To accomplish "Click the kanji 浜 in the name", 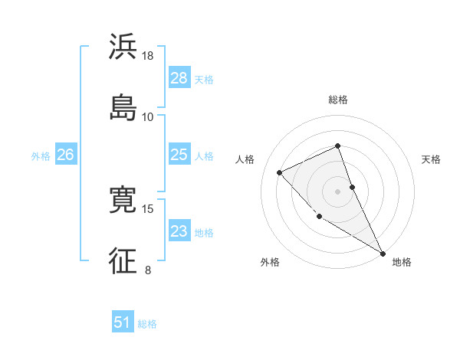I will point(123,47).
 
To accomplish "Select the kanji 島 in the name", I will point(123,106).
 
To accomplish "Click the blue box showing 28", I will point(179,78).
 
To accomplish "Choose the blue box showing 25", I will point(179,155).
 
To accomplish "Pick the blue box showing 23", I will point(179,231).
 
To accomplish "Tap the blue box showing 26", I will point(65,155).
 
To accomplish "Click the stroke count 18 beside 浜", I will point(148,56).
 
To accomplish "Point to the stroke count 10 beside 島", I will point(148,116).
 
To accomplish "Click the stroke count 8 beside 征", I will point(148,270).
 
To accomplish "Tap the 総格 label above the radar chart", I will point(338,100).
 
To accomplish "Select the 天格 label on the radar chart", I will point(431,159).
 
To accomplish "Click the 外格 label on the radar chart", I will point(270,262).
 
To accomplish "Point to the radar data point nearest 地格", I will point(383,254).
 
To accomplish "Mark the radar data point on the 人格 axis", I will point(280,172).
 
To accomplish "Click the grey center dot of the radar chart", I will point(338,191).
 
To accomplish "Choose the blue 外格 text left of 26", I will point(41,155).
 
